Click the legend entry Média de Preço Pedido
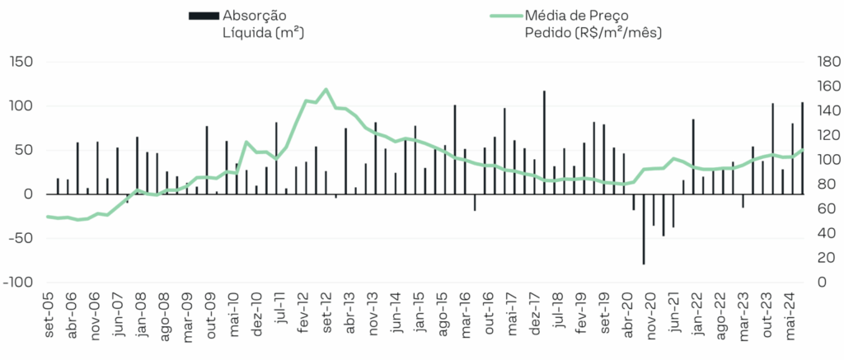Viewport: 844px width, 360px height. click(x=593, y=24)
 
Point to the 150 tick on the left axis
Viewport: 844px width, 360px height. click(x=21, y=62)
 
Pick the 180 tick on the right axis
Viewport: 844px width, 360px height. click(x=824, y=62)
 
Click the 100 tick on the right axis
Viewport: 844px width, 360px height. click(x=824, y=160)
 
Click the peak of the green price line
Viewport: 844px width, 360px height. click(x=326, y=89)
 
